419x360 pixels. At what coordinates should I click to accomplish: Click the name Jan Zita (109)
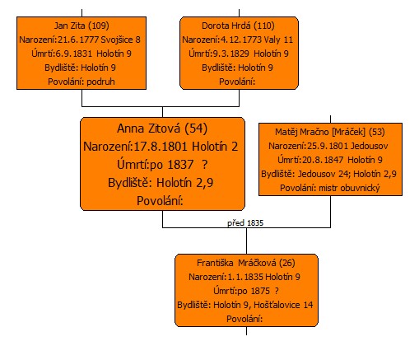click(x=81, y=26)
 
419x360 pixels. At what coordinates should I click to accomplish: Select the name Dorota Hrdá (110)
click(x=238, y=26)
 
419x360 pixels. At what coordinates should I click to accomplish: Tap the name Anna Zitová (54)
click(x=162, y=129)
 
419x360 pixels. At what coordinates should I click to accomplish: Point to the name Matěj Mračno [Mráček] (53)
click(x=330, y=132)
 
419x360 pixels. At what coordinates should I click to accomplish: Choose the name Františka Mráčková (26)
click(x=246, y=263)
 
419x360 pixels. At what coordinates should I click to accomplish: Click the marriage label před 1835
click(x=245, y=222)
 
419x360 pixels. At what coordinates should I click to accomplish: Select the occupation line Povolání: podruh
click(x=81, y=82)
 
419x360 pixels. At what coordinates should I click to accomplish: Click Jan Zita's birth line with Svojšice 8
click(x=80, y=40)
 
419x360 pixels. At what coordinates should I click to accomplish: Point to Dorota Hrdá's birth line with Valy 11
click(x=238, y=40)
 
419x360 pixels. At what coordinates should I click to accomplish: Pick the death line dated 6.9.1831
click(x=81, y=54)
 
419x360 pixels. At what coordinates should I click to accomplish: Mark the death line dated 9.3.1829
click(x=239, y=54)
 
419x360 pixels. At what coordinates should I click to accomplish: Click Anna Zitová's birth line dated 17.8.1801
click(x=161, y=147)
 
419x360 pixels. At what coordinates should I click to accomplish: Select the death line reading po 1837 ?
click(x=162, y=165)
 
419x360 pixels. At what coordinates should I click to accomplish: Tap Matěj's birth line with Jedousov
click(x=328, y=146)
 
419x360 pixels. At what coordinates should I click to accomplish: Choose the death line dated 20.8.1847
click(x=330, y=160)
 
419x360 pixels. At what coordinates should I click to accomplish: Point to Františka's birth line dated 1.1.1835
click(x=244, y=277)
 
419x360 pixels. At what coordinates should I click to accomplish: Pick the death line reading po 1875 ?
click(x=246, y=291)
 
